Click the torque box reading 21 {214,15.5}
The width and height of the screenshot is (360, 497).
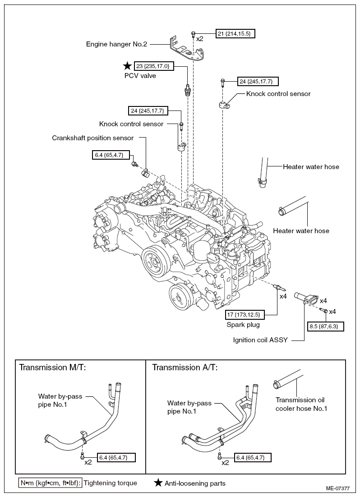click(x=235, y=33)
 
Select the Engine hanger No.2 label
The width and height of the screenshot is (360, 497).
click(x=117, y=44)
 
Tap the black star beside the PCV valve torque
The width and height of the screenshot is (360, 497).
click(x=128, y=66)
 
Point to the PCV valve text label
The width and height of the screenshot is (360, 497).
click(x=140, y=76)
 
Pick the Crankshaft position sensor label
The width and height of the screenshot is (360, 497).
click(x=93, y=138)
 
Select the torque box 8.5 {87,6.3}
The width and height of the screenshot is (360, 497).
click(x=325, y=327)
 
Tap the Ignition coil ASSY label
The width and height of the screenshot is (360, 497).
click(x=260, y=340)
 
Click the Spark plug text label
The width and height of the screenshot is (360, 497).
click(x=243, y=325)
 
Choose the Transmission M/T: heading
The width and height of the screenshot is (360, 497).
click(x=53, y=368)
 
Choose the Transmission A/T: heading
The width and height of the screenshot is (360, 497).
click(x=185, y=368)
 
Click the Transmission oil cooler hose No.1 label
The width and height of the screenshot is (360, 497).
click(x=301, y=404)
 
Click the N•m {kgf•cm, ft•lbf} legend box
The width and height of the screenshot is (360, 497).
click(x=51, y=483)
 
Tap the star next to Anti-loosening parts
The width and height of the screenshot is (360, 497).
click(x=158, y=483)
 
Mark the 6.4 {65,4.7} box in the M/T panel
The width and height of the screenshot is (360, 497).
click(x=116, y=457)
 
